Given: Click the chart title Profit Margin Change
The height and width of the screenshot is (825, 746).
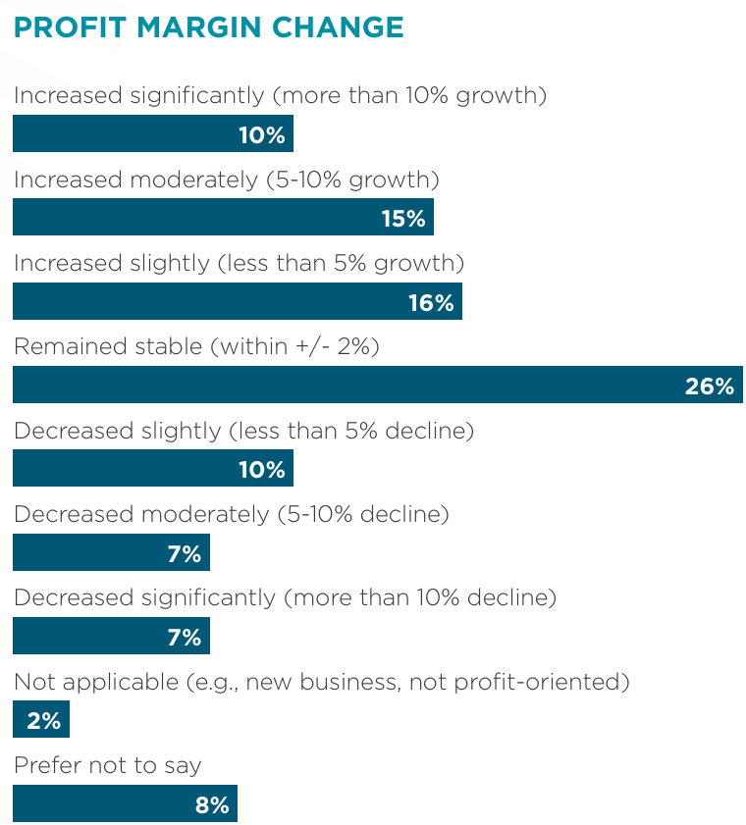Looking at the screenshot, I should pos(208,27).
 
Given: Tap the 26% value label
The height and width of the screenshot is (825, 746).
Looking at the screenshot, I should pos(709,386).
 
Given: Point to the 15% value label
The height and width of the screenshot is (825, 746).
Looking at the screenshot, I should pos(403,218).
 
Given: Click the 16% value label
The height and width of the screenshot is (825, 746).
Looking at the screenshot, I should pos(431,302).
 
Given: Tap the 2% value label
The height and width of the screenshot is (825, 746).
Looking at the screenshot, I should pos(44,721).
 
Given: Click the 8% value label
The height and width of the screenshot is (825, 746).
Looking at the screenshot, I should pos(212,805).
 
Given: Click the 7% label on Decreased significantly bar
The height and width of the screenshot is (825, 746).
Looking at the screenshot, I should pos(185,637).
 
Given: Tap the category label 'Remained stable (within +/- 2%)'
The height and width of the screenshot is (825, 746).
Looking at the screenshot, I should pos(196,346).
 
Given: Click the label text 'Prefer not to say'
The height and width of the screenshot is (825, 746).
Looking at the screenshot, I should pos(108,765).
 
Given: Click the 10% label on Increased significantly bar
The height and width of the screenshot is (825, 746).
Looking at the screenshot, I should pos(262,134).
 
